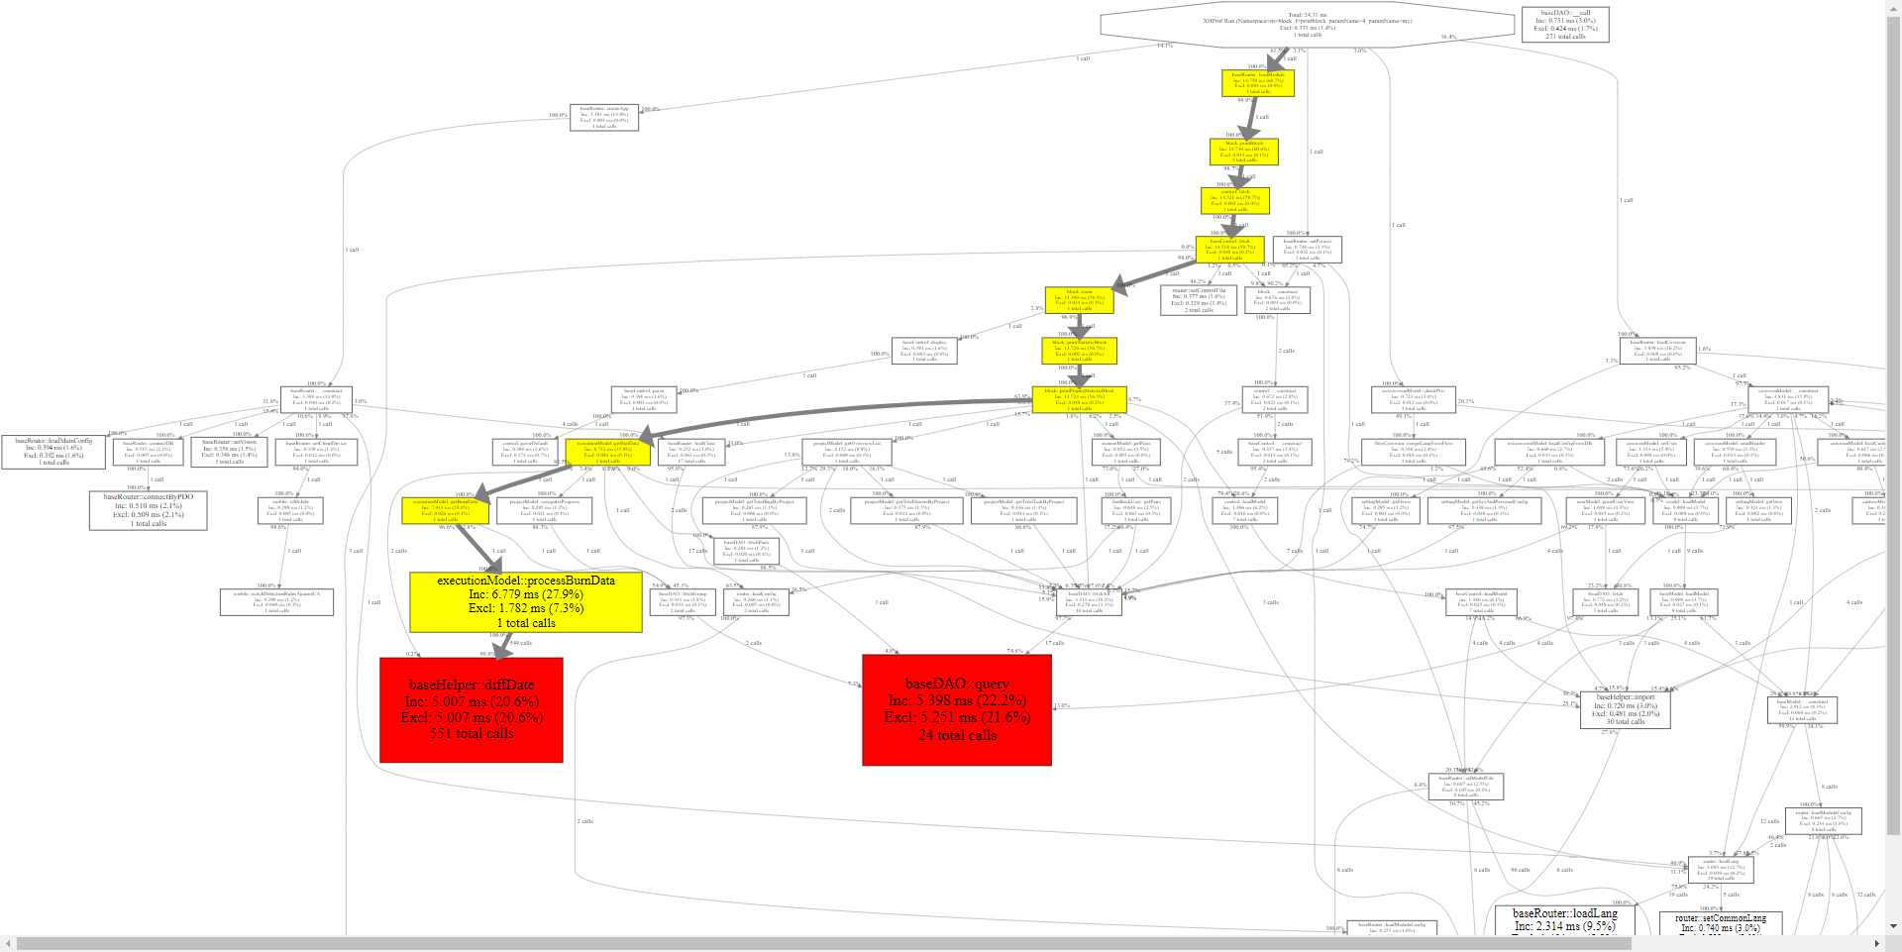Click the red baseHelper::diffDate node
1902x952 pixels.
472,709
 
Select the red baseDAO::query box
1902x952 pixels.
957,709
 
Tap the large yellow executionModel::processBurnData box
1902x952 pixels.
526,601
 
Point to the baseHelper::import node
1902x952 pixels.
1625,709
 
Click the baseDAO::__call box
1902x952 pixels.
1565,25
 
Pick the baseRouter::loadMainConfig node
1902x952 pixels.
53,452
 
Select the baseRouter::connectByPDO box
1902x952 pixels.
149,510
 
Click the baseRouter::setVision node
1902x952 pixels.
229,452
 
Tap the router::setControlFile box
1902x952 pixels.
1199,300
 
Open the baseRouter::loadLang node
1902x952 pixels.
1564,921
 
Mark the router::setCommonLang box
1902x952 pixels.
1721,924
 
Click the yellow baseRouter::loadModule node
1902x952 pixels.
1258,82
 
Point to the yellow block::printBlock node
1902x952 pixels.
1244,151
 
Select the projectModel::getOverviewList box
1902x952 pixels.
847,452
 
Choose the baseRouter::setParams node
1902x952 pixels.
1308,249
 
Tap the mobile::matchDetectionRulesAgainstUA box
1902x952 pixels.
276,601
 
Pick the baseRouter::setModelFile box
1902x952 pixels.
1467,787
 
